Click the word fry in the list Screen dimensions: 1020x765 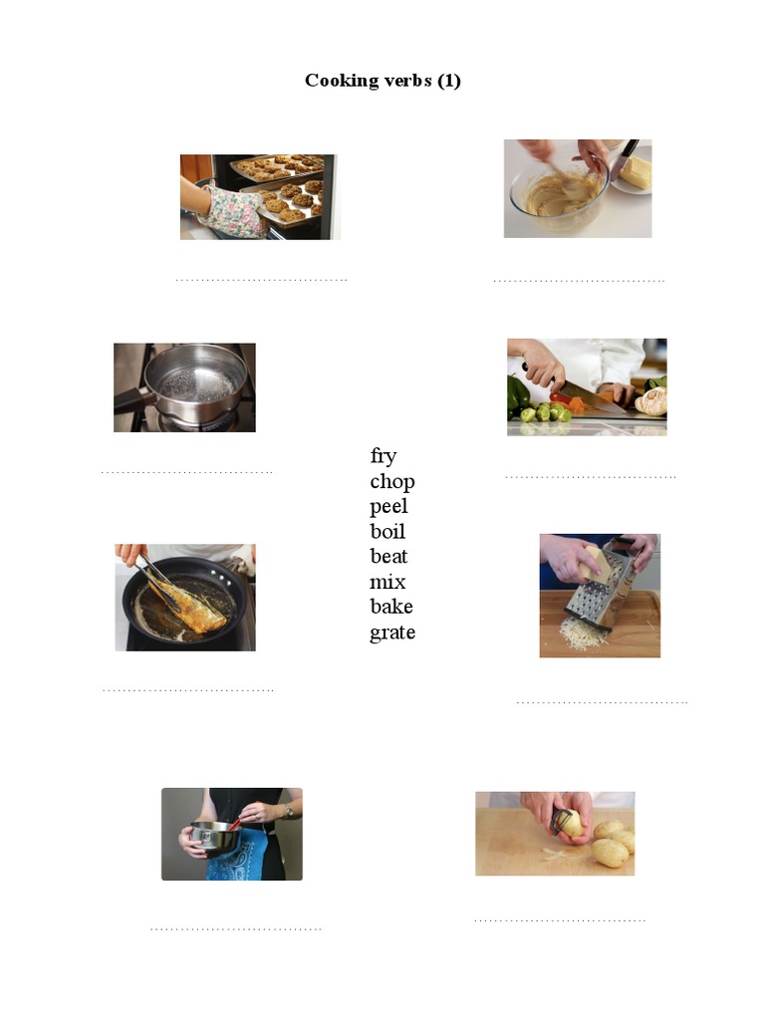click(x=383, y=456)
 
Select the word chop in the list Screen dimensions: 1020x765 click(x=391, y=482)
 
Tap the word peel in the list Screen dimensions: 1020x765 click(x=388, y=507)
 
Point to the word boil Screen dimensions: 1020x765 click(x=387, y=532)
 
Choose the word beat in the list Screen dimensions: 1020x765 click(x=388, y=557)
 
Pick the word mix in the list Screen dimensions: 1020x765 click(x=387, y=582)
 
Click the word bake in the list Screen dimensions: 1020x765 click(x=391, y=607)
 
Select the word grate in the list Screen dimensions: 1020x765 click(x=392, y=633)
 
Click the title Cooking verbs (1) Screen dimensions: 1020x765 click(x=382, y=81)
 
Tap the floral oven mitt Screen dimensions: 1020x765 click(x=232, y=211)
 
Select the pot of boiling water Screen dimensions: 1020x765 click(x=194, y=383)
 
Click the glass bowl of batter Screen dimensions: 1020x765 click(x=558, y=197)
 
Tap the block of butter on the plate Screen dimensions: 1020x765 click(x=635, y=171)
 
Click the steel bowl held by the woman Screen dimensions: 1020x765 click(x=215, y=838)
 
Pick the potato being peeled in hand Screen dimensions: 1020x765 click(x=571, y=823)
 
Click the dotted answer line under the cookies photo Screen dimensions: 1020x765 click(x=261, y=280)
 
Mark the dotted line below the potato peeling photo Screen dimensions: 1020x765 click(x=559, y=919)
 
